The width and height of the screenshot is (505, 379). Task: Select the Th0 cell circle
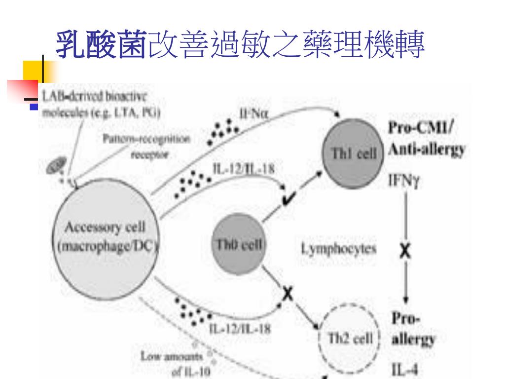click(x=240, y=244)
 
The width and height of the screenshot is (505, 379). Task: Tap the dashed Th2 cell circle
click(x=351, y=340)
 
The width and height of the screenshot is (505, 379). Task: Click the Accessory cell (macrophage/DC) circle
click(x=106, y=237)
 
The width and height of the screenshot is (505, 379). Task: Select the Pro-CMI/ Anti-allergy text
click(x=427, y=140)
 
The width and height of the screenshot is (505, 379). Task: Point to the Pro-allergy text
click(x=413, y=329)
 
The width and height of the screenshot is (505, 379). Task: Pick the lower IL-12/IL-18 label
click(x=239, y=329)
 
